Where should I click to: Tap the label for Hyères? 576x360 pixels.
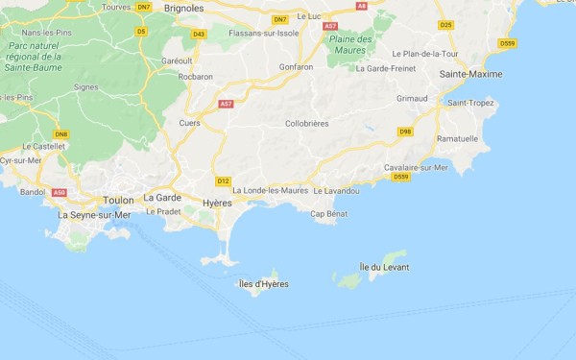(219, 204)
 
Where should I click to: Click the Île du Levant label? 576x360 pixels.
(384, 266)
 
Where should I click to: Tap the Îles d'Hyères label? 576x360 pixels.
(263, 284)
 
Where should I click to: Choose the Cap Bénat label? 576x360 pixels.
(329, 214)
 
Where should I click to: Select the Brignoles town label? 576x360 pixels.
(184, 8)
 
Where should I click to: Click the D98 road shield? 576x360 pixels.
(405, 131)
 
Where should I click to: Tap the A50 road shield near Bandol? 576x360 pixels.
(60, 193)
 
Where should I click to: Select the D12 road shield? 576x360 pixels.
(223, 180)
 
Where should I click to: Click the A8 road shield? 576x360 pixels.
(362, 6)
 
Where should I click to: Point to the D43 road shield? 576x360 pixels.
(199, 34)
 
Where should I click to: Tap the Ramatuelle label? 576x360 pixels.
(457, 138)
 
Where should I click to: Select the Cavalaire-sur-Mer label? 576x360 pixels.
(417, 167)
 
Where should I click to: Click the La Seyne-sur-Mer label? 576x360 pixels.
(94, 215)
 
